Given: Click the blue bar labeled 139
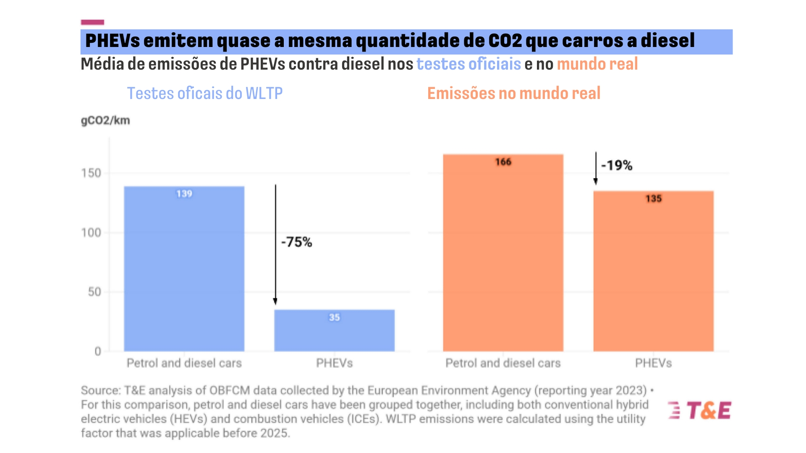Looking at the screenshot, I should coord(184,268).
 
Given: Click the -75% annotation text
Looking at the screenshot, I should coord(296,242).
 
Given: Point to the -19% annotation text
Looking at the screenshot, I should coord(617,165).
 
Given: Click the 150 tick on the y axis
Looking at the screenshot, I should coord(91,173).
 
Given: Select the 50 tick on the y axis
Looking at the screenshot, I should coord(94,292).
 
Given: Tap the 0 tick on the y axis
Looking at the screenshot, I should coord(98,351).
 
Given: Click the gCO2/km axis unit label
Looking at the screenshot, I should coord(105,120).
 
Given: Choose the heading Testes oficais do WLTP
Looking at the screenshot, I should coord(205,93).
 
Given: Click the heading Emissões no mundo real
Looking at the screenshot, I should coord(514,93).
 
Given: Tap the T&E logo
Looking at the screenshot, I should coord(700,410).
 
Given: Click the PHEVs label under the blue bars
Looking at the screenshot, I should coord(334,363).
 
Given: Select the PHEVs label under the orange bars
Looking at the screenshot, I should coord(653,363).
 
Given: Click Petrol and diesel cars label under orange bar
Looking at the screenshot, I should coord(503,363).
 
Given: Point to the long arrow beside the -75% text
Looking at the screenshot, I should coord(275,243).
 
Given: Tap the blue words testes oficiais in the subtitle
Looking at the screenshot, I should coord(468,64).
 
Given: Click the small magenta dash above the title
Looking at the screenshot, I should coord(92,22).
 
